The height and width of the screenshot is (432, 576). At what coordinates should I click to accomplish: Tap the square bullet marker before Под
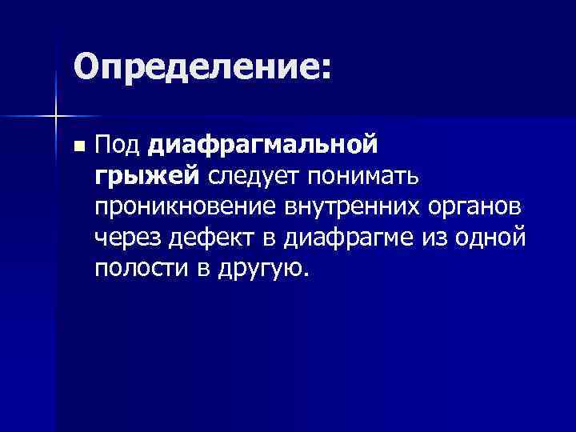coord(77,147)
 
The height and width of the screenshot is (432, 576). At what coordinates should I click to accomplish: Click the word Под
coord(118,146)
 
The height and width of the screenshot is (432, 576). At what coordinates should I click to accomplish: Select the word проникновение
coord(183,206)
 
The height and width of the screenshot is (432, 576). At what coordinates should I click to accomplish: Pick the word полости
coord(139,267)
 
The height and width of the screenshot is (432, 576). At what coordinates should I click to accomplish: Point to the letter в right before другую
coord(200,268)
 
